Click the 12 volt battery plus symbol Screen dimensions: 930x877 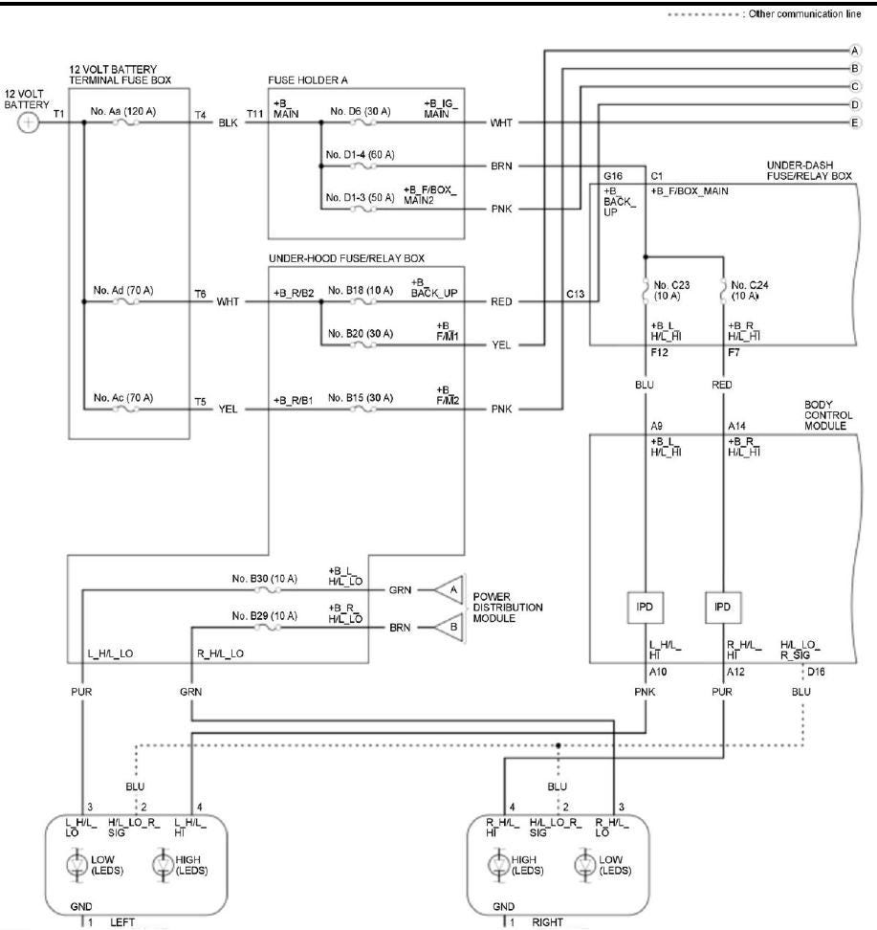click(x=30, y=123)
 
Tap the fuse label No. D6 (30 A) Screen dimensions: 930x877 click(x=360, y=112)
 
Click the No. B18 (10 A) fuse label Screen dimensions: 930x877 click(x=358, y=290)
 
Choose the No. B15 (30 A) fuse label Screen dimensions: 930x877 click(x=358, y=397)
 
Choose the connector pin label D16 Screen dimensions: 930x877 click(x=815, y=673)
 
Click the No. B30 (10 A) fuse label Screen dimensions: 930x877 click(x=264, y=579)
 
